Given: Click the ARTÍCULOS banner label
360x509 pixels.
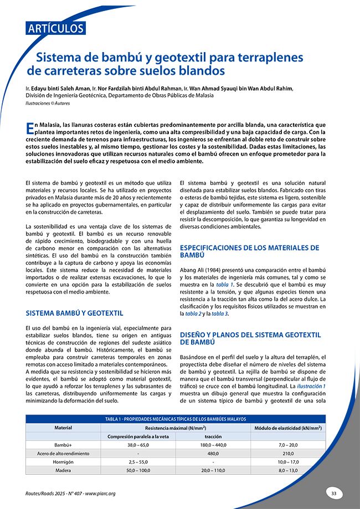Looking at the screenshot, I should [55, 28].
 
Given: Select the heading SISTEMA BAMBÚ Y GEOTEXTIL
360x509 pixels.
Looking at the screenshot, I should [74, 313].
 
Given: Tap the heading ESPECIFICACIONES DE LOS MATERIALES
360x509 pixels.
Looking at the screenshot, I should [250, 248].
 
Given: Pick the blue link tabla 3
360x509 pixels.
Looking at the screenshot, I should [220, 314].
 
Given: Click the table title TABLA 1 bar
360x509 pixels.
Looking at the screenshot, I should [176, 419].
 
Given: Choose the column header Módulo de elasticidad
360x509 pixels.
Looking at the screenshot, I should [288, 428].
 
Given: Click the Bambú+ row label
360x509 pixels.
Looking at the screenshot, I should [63, 445].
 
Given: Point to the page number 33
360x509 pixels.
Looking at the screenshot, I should [334, 493].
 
